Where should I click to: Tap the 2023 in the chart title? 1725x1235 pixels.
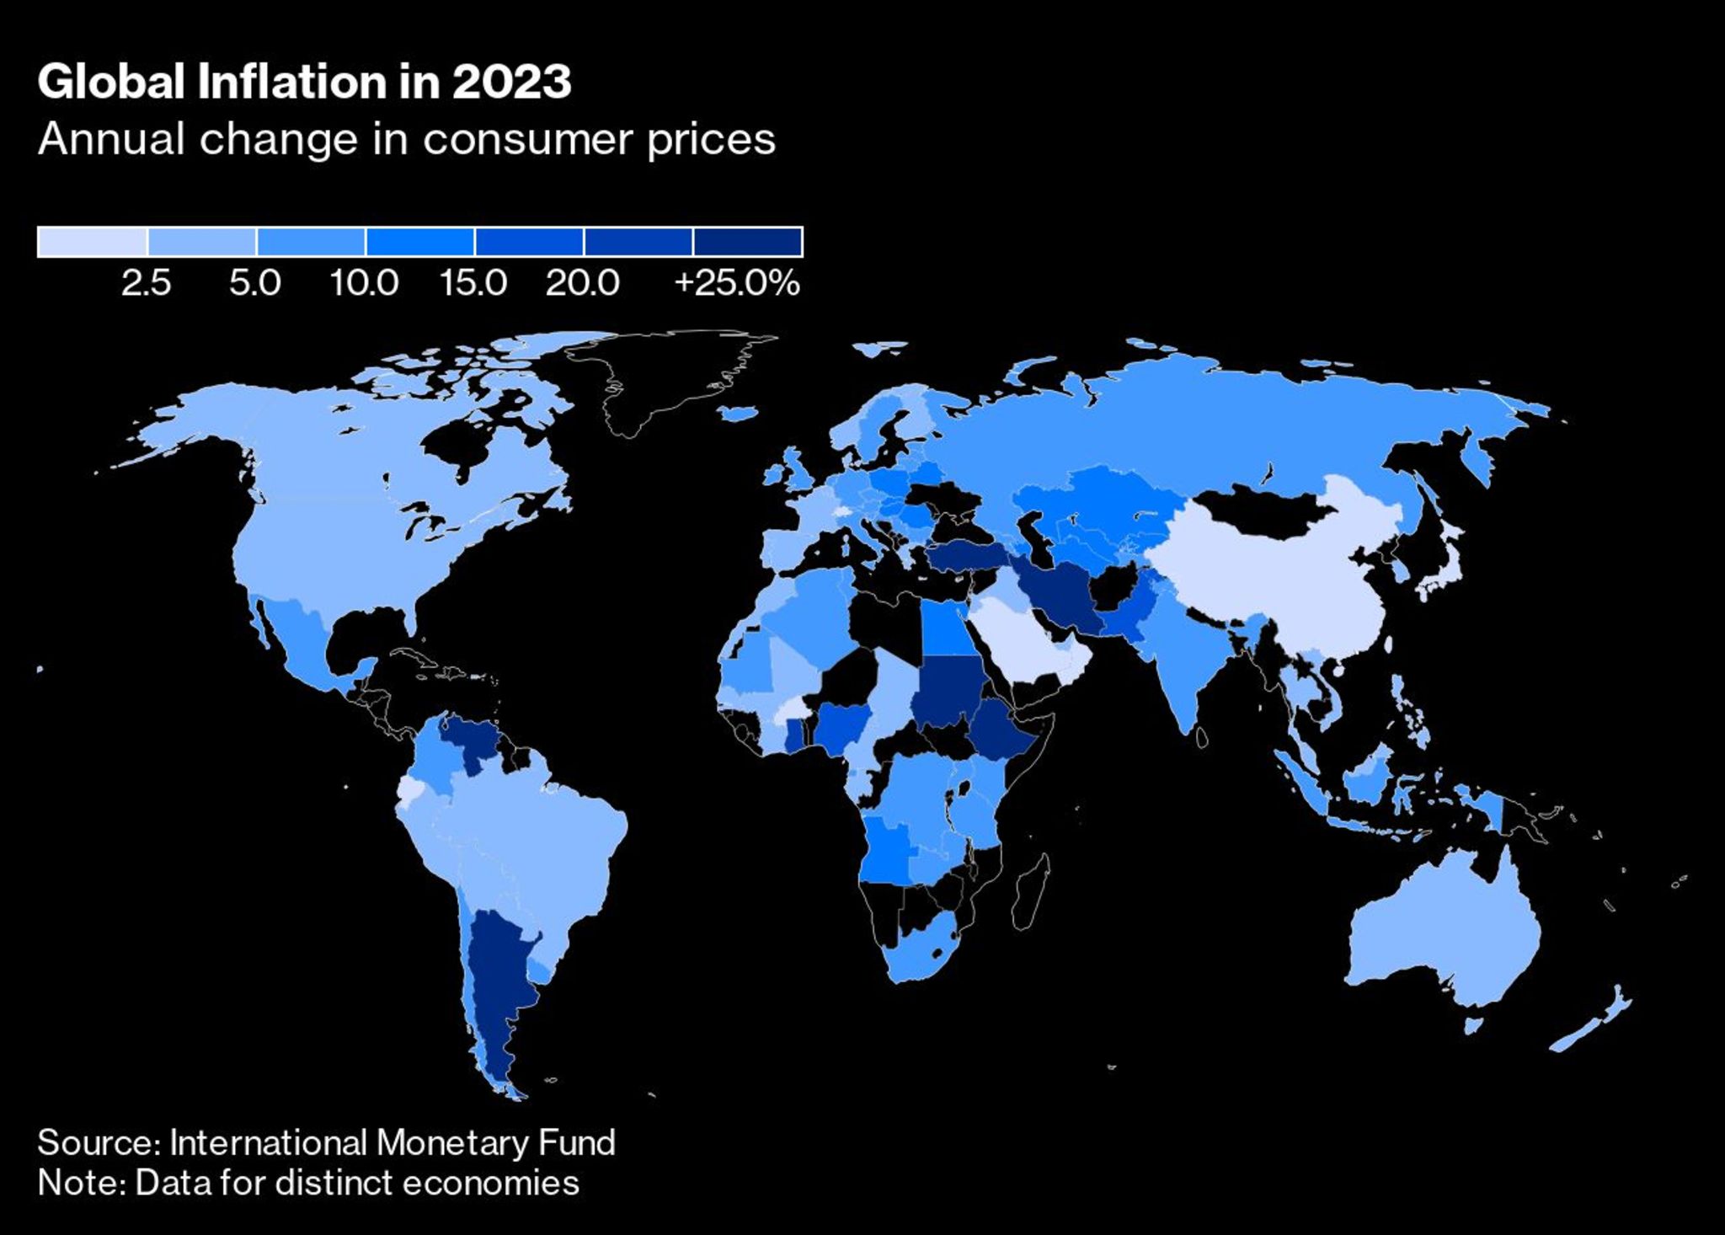coord(511,82)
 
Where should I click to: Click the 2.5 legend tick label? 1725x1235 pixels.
coord(146,283)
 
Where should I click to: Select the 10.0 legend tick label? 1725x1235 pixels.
coord(364,283)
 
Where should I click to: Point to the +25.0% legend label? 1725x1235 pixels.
coord(737,283)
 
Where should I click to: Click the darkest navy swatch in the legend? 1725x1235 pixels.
coord(748,242)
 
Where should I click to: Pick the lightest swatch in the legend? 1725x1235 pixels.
coord(93,242)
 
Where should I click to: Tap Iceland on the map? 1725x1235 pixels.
coord(739,414)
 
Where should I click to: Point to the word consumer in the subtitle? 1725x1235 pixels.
coord(529,139)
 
